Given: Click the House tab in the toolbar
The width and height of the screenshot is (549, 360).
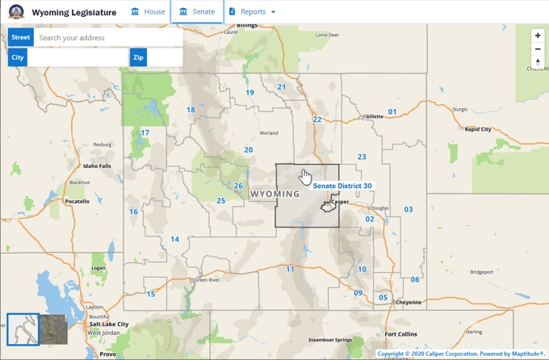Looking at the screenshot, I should [148, 12].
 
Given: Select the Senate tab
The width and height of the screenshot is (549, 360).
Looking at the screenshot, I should [197, 12].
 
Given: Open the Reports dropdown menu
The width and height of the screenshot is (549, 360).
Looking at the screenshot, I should [253, 12].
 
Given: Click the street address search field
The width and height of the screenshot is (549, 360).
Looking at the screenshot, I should [107, 38].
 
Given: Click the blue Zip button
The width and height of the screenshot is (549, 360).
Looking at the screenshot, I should [139, 57].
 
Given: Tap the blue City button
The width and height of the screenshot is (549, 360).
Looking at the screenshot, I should [18, 57].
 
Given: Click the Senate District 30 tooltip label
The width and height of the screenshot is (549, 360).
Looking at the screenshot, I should [342, 186].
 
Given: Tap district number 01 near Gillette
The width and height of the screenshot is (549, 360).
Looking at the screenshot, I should [392, 112].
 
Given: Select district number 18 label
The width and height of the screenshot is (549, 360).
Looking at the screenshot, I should [191, 111].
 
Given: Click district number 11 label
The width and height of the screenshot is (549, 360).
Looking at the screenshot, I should [290, 269].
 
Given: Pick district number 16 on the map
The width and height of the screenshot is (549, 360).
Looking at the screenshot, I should [133, 212].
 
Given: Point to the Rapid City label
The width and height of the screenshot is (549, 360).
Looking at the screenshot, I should [478, 129].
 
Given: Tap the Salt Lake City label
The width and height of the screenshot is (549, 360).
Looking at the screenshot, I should [110, 324].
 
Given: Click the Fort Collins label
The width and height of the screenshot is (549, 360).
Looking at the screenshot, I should [402, 334].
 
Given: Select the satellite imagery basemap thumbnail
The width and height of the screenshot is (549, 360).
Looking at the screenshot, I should [53, 329].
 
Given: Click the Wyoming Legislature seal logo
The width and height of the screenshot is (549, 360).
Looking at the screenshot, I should [16, 12].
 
